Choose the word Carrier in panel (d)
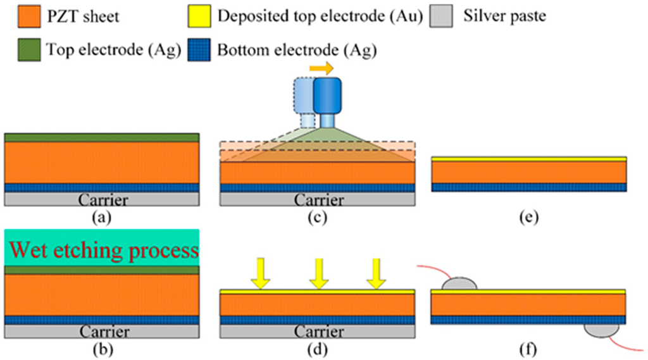tap(318, 332)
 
